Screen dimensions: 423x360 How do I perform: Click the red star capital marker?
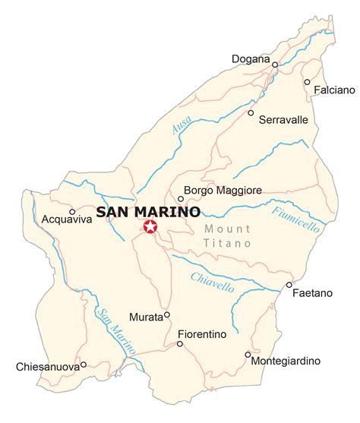click(x=150, y=226)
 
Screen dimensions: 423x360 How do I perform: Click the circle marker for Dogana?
click(x=275, y=65)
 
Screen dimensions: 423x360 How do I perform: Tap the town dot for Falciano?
click(x=307, y=82)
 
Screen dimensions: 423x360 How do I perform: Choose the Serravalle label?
click(x=283, y=119)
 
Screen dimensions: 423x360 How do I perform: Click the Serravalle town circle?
click(x=251, y=112)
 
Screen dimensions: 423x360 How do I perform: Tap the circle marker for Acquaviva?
click(x=72, y=212)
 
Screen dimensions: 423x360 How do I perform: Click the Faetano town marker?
click(x=289, y=286)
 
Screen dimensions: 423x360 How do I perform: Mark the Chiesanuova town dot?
click(x=83, y=364)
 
